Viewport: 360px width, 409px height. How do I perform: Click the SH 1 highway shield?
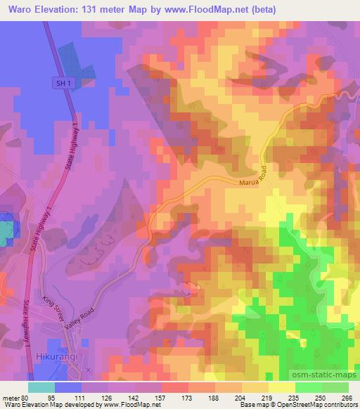tap(63, 83)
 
